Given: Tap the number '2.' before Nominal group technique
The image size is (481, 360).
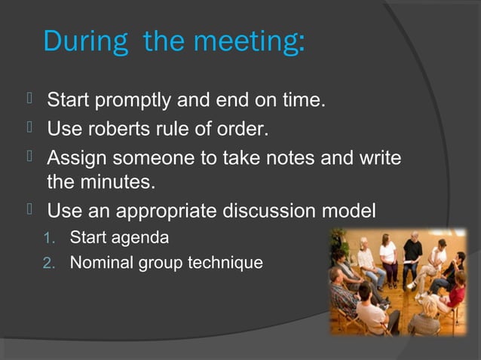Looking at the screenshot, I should click(51, 263).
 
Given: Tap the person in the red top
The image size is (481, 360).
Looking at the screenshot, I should click(455, 290).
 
